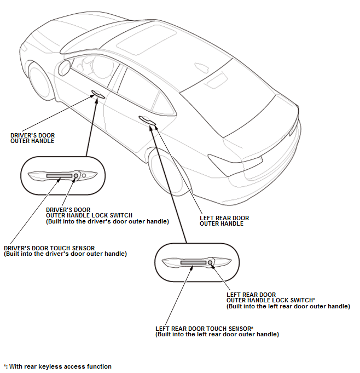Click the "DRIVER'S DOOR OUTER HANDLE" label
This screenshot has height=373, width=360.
click(x=33, y=138)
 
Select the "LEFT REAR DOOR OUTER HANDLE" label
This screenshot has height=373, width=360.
click(x=224, y=221)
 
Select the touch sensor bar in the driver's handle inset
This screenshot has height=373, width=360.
click(x=59, y=176)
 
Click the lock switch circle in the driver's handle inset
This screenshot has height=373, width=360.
click(x=76, y=175)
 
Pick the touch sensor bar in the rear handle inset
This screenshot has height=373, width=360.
click(x=193, y=263)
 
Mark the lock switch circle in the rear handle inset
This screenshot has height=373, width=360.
click(x=211, y=263)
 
